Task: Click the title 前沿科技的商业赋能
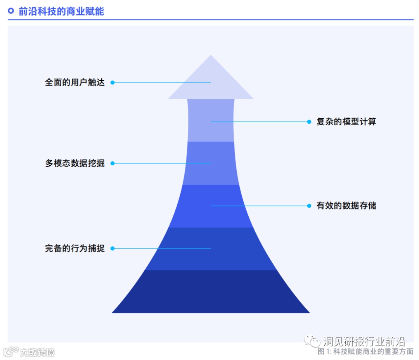[x=61, y=11]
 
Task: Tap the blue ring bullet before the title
[x=11, y=11]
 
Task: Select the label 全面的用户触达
[x=75, y=82]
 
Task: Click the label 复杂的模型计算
[x=346, y=122]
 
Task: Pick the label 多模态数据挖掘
[x=75, y=163]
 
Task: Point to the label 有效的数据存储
[x=346, y=206]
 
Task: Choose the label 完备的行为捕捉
[x=75, y=248]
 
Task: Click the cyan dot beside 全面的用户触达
[x=113, y=82]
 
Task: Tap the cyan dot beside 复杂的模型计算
[x=309, y=122]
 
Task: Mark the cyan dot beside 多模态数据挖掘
[x=113, y=163]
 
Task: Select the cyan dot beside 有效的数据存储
[x=309, y=206]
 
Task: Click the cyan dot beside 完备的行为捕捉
[x=113, y=248]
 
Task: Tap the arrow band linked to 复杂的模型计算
[x=211, y=128]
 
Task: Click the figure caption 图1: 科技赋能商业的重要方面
[x=365, y=351]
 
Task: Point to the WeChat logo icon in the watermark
[x=312, y=341]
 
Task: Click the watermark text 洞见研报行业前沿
[x=364, y=341]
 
